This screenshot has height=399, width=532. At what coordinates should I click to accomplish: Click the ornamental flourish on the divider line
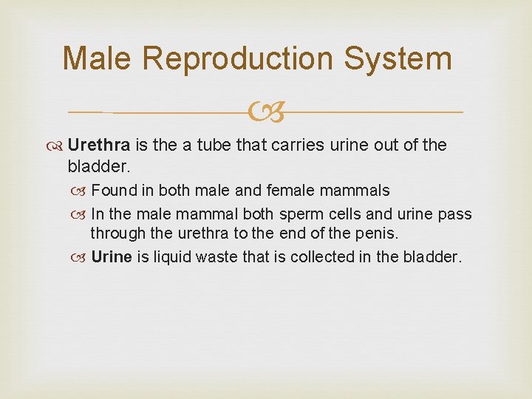click(x=265, y=113)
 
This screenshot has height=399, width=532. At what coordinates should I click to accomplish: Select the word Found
click(x=115, y=191)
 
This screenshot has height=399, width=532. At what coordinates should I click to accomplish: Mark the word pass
click(x=454, y=214)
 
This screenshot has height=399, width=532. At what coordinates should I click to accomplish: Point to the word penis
click(x=378, y=234)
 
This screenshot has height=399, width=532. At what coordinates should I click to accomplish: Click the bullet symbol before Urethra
click(x=56, y=146)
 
